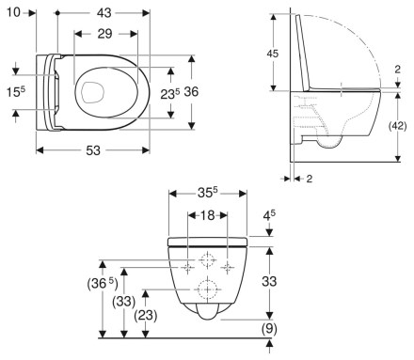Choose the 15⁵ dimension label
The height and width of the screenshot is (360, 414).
[x=12, y=92]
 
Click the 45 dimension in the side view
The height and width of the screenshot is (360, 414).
[x=272, y=54]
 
